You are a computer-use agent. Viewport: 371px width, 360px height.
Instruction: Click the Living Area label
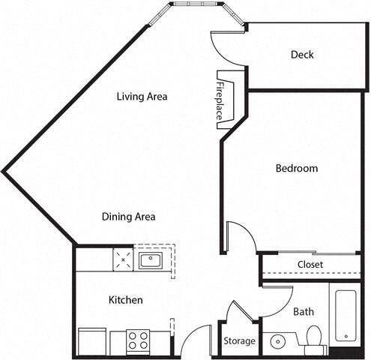[141, 97]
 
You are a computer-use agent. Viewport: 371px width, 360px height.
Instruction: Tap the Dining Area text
[128, 217]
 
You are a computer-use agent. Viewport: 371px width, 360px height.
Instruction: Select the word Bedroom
[296, 169]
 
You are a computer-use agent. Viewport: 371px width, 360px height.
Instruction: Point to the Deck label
[302, 55]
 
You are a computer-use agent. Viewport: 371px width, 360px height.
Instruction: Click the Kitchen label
[125, 300]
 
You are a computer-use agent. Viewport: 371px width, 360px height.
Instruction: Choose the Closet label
[310, 265]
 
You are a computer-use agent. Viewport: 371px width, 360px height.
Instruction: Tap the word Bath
[303, 311]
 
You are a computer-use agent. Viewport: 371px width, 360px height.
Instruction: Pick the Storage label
[240, 341]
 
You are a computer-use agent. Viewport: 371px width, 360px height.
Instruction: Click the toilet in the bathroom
[313, 339]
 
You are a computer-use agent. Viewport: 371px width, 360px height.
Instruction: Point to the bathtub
[346, 314]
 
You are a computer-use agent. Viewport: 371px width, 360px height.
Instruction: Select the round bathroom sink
[278, 341]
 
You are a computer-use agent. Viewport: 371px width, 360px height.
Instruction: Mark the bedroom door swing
[241, 236]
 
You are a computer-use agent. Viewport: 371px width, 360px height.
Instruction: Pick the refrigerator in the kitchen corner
[91, 341]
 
